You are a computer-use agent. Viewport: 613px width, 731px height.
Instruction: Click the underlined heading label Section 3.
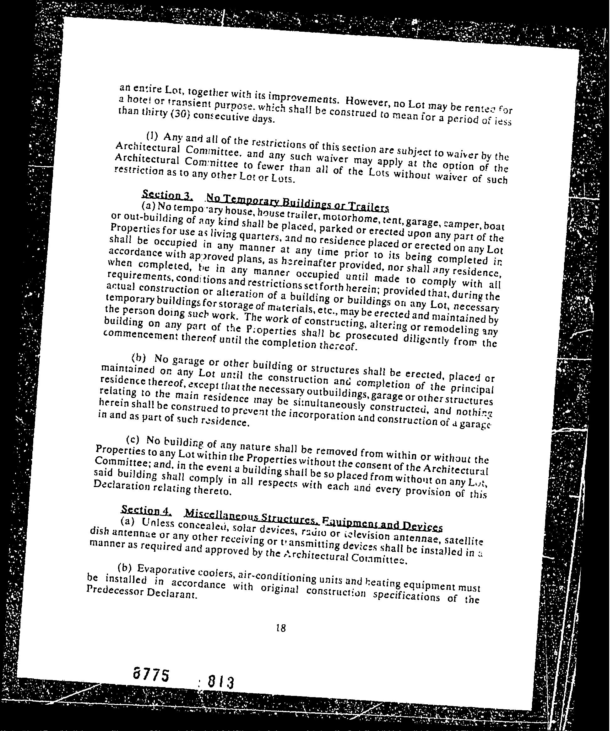tap(168, 194)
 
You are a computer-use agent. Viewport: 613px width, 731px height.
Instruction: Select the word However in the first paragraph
tap(367, 102)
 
